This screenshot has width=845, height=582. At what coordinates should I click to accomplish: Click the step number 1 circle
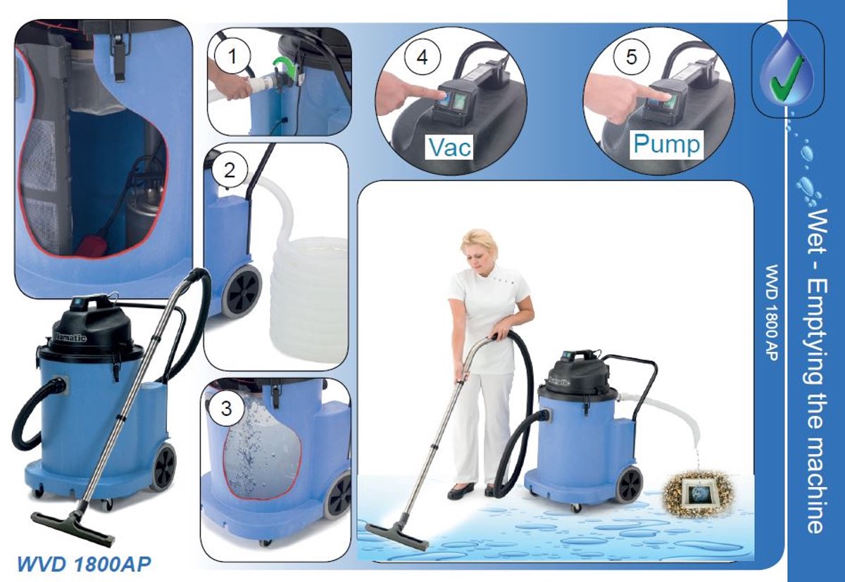(232, 57)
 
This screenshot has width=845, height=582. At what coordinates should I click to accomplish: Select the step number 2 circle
(230, 171)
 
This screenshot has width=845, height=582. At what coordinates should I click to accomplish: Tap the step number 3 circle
(226, 409)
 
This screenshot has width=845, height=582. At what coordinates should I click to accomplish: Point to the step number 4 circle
(423, 58)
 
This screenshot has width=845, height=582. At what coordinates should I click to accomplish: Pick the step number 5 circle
(632, 57)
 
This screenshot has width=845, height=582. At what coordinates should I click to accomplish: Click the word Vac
(450, 147)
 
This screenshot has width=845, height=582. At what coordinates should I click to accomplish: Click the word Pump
(667, 144)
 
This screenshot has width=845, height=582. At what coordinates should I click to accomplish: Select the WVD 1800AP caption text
(84, 564)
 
